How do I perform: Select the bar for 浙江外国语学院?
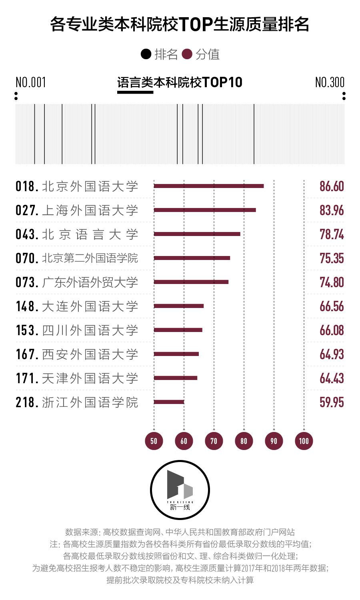pos(169,402)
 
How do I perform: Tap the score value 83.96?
pos(332,210)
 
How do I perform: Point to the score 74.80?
pos(332,282)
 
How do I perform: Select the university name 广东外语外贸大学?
pos(90,282)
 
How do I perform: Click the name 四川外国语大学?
pos(90,330)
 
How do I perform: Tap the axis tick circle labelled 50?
pos(154,441)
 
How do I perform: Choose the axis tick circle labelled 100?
pos(304,441)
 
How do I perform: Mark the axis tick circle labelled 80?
pos(244,441)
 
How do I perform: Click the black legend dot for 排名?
pos(146,54)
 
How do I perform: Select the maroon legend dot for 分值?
pos(187,54)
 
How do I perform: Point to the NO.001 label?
pos(31,82)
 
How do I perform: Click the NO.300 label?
pos(330,82)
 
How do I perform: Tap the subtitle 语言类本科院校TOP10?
pos(180,82)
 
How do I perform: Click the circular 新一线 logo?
pos(180,490)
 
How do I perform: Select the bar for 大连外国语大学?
pos(179,306)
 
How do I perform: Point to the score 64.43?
pos(332,378)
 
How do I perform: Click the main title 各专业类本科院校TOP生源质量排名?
pos(180,24)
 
